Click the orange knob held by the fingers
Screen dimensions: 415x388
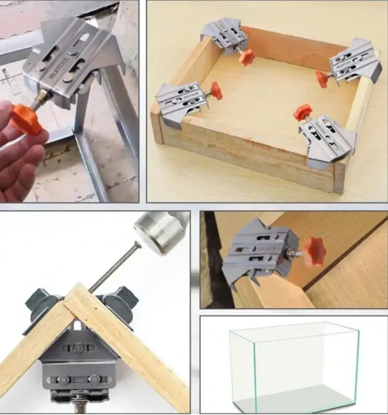coord(26,119)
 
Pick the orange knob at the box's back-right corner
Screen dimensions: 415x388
coord(323,79)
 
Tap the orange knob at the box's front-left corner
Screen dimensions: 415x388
coord(216,90)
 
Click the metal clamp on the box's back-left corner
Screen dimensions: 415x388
coord(225,37)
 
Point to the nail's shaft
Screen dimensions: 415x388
coord(113,267)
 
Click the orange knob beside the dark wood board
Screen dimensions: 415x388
coord(314,252)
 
